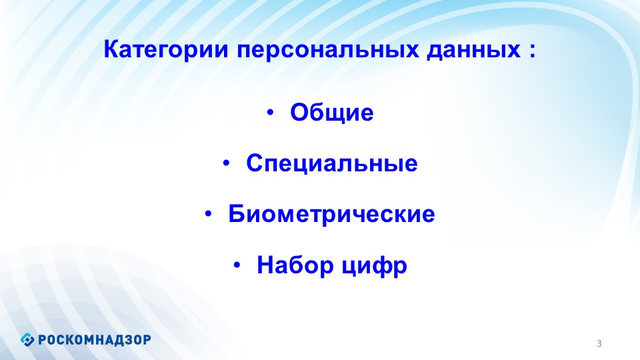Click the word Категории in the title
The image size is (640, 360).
[166, 50]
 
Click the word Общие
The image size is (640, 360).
[332, 112]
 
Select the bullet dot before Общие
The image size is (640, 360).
[270, 113]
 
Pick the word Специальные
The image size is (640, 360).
[332, 163]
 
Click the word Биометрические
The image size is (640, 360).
[331, 214]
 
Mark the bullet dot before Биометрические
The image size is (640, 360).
[208, 214]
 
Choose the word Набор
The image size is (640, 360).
[295, 265]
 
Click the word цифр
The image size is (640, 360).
[374, 267]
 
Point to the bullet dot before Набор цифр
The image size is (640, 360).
[237, 265]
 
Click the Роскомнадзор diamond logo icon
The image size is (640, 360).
[27, 339]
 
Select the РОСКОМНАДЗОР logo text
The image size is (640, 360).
[95, 339]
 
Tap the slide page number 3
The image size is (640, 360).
[599, 343]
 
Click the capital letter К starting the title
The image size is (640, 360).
[112, 49]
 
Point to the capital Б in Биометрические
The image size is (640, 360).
[236, 213]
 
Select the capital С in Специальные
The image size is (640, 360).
[255, 163]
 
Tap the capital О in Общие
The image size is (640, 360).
[299, 112]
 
